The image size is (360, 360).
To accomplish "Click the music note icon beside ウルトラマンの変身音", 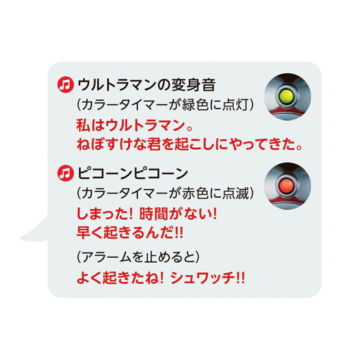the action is pos(65,84).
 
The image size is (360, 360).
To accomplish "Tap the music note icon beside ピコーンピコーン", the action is pos(65,173).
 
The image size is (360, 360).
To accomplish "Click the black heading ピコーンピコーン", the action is pos(132,173).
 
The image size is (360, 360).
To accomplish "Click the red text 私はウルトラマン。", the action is pos(134,125).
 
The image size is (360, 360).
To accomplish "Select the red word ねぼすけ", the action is pos(104,144).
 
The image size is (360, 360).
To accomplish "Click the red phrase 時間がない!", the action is pos(178,214).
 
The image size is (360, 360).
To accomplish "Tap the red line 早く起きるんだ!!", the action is pos(130,232).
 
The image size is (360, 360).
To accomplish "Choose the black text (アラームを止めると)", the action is pos(138,257).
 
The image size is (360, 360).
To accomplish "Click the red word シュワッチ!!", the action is pos(207,277).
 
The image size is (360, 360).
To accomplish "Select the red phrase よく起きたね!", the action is pos(120,277).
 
